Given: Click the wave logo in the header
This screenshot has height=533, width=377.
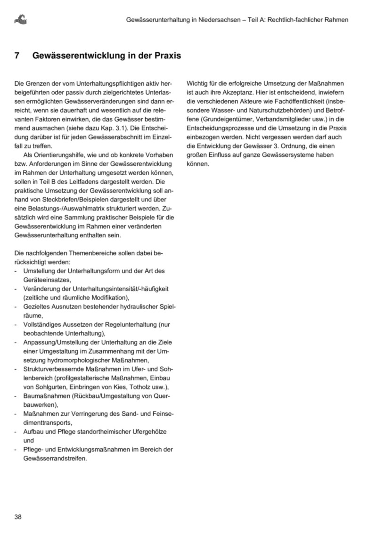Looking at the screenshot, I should (x=21, y=20).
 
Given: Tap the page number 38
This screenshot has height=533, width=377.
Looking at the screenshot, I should (x=18, y=517).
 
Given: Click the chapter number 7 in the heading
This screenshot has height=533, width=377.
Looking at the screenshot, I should (x=17, y=56).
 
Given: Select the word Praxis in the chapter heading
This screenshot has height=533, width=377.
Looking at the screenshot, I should (x=165, y=56).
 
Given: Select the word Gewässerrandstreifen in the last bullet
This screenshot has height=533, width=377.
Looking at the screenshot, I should (x=54, y=458).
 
